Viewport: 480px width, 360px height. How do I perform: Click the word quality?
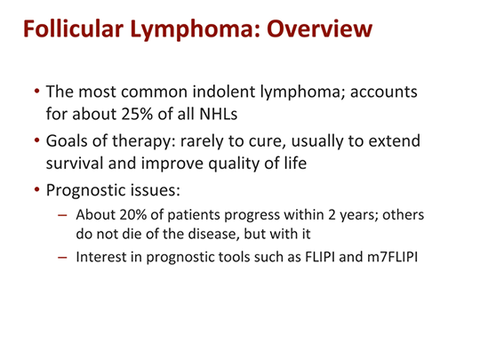(231, 164)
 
